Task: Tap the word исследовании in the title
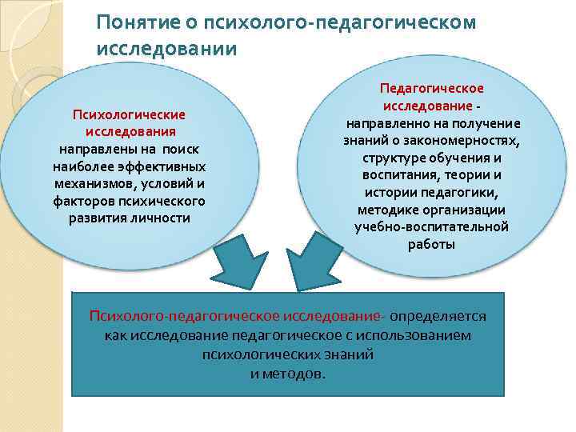[166, 49]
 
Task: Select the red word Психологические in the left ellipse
[130, 116]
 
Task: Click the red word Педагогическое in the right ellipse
[431, 89]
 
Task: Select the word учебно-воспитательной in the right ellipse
[431, 227]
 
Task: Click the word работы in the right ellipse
[431, 245]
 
